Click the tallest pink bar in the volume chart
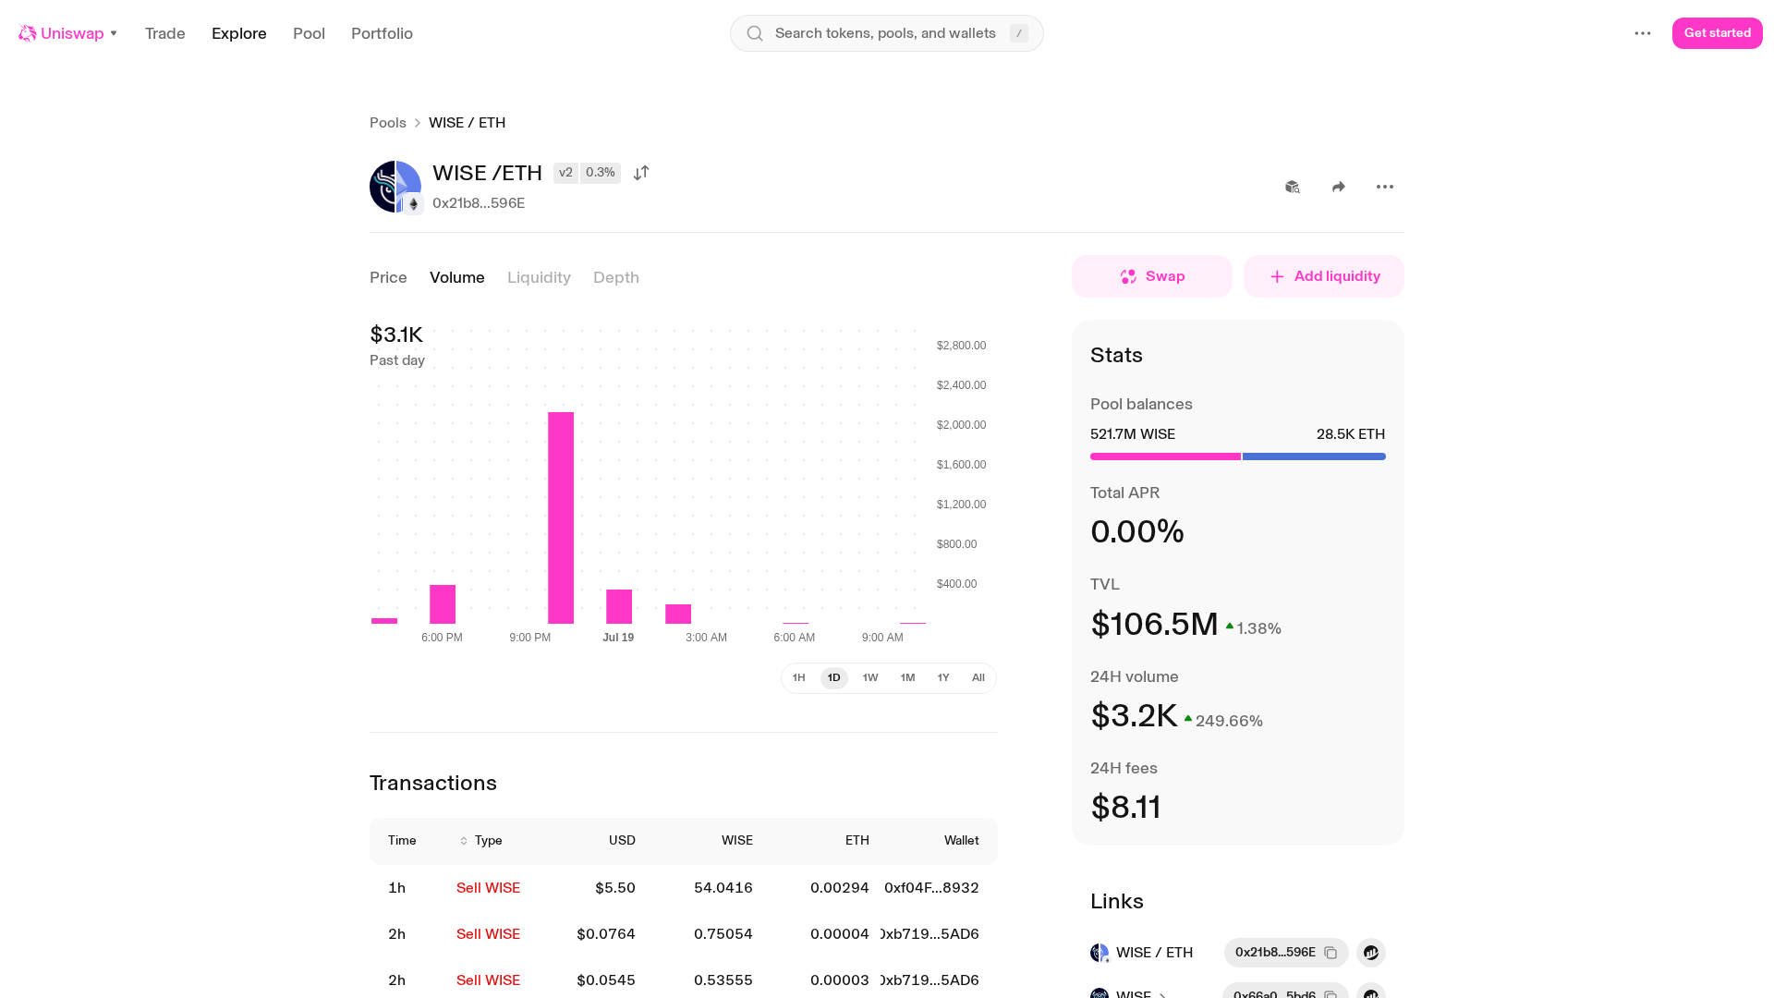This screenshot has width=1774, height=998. point(561,517)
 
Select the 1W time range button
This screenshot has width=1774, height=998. point(870,678)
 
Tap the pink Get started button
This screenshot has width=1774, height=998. point(1717,33)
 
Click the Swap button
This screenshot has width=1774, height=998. point(1152,276)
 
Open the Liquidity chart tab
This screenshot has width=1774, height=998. point(539,277)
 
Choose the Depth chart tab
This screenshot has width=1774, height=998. point(616,277)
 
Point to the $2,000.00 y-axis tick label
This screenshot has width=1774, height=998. point(961,425)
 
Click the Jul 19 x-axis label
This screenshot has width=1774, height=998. point(618,638)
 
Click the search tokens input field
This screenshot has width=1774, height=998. point(887,33)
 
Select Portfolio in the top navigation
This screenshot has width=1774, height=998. point(382,33)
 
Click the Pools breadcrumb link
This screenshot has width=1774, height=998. point(388,123)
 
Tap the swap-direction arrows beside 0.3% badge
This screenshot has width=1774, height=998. point(641,173)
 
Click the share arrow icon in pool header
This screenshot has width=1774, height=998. point(1339,187)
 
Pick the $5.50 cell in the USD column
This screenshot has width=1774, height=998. point(615,888)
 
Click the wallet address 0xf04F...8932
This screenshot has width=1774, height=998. point(931,888)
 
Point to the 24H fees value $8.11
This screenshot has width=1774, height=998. point(1125,808)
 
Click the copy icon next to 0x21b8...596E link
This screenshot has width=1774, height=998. point(1330,953)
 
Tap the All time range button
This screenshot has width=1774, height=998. point(978,678)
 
